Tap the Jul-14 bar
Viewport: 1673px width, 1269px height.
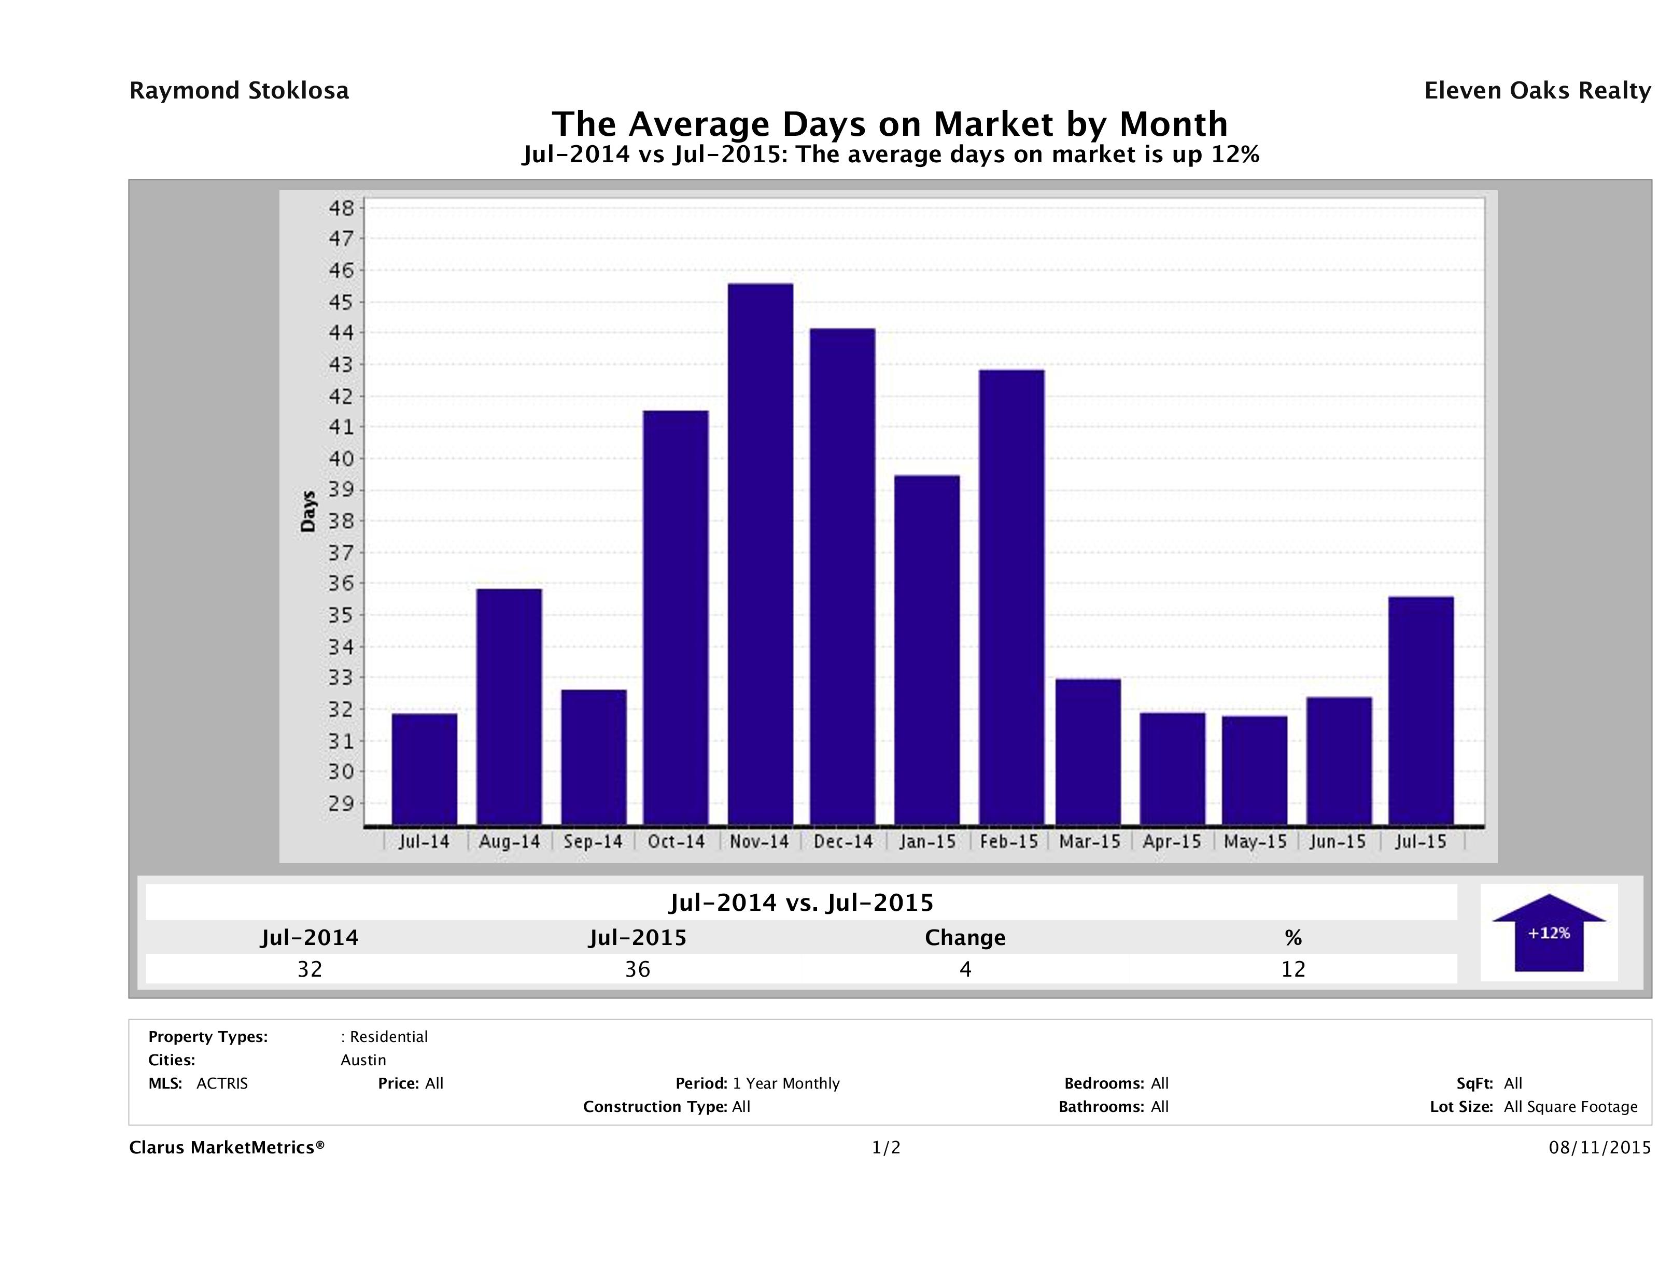tap(424, 768)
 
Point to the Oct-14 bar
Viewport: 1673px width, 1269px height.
tap(676, 617)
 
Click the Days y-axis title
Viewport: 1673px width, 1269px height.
tap(308, 511)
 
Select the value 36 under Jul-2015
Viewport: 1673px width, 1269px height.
tap(638, 969)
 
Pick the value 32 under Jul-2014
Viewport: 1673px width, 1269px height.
tap(310, 969)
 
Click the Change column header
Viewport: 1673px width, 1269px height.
tap(965, 938)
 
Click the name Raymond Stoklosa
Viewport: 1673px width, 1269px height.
tap(239, 91)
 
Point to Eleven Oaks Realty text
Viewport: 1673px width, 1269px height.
tap(1537, 91)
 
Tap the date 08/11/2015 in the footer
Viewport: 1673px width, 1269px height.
tap(1599, 1147)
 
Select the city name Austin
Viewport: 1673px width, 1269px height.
tap(363, 1060)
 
